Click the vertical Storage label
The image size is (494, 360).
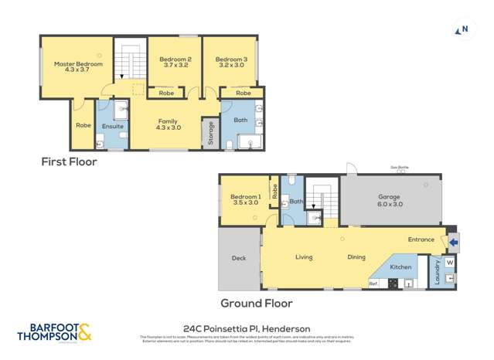209,133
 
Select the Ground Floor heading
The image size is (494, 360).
256,304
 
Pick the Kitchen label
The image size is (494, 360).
400,267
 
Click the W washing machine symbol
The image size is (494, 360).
450,261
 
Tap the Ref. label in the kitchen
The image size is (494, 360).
373,284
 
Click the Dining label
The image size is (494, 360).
356,257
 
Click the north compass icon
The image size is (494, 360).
463,30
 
